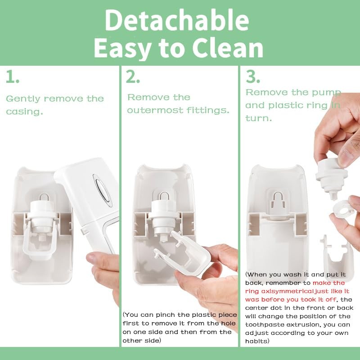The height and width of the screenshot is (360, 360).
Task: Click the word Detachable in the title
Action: pos(177,20)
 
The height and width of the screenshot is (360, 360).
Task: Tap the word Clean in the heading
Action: pos(223,48)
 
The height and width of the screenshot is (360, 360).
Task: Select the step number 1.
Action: pos(12,77)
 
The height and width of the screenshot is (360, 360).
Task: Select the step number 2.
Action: pos(133,77)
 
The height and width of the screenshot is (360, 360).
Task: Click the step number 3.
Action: pos(253,77)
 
